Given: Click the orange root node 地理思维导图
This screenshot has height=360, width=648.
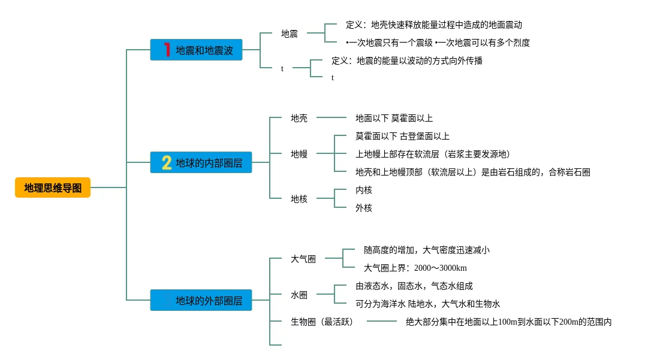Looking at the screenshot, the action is (x=53, y=188).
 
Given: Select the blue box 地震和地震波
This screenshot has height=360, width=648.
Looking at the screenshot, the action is (x=196, y=50).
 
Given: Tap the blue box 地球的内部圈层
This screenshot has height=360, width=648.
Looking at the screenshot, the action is (x=201, y=163).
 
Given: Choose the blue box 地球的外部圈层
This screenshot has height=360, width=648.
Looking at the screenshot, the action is (x=201, y=300).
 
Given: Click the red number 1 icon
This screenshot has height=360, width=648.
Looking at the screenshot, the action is (x=167, y=50).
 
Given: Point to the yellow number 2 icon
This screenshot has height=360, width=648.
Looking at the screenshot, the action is (x=167, y=163).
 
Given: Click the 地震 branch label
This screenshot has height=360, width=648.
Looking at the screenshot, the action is (x=290, y=34).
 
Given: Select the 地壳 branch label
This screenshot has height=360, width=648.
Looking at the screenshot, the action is (x=299, y=118).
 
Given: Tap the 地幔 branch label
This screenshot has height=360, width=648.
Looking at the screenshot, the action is (x=299, y=154).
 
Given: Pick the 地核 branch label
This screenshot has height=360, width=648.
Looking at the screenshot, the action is (x=299, y=199).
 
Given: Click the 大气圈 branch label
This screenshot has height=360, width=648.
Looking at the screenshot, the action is (x=303, y=259).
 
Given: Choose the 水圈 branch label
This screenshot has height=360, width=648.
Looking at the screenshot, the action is (x=299, y=295).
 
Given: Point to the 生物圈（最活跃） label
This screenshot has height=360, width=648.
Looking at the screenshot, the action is (x=322, y=322).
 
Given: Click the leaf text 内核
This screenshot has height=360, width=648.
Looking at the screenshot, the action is (x=364, y=190).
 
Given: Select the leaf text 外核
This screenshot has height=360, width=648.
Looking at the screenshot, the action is (x=364, y=208).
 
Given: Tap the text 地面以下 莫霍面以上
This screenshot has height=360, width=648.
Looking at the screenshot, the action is (x=394, y=118).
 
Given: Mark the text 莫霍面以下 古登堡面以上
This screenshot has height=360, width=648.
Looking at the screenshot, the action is (x=402, y=136).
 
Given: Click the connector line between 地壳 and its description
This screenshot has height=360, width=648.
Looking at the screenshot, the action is (x=331, y=117).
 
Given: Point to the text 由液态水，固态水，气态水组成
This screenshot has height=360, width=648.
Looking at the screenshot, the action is (x=414, y=286).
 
